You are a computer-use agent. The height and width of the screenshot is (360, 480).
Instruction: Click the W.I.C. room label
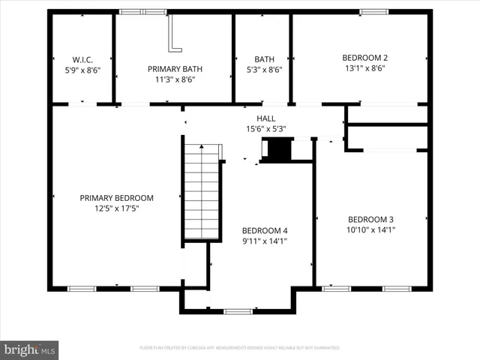82,58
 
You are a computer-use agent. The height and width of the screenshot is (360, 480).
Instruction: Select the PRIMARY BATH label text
175,68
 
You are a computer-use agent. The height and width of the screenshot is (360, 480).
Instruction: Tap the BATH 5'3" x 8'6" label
263,58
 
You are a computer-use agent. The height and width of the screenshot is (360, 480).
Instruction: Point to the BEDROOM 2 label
364,58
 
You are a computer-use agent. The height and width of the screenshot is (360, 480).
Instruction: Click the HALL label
266,118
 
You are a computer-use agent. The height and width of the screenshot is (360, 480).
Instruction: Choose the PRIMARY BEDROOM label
116,198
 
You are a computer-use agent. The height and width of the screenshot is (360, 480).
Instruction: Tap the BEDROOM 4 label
265,230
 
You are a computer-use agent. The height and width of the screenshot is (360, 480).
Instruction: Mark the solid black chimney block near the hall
278,150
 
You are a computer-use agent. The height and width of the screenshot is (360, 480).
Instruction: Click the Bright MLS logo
30,349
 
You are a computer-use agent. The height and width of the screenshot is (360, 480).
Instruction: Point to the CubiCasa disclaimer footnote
240,348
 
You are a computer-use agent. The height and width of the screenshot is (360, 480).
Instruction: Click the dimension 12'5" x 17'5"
116,208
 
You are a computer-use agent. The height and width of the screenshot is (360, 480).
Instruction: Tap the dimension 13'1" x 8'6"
364,67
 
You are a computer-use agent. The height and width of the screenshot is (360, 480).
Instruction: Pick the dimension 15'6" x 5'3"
266,129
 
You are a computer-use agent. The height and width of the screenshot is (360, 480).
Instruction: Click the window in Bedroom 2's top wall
370,12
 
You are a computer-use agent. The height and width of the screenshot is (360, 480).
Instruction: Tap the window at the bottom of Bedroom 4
238,311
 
